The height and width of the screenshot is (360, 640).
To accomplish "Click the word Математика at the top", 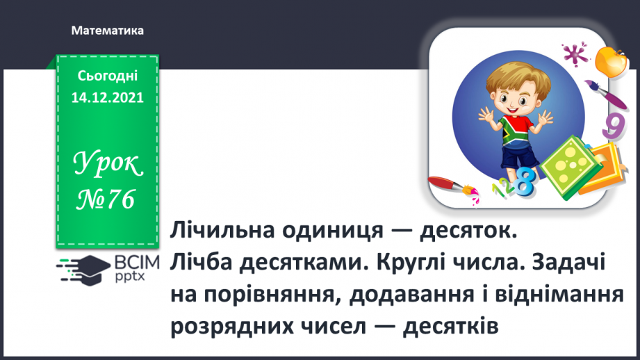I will pos(107,31).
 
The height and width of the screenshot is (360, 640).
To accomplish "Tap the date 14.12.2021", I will pos(107,98).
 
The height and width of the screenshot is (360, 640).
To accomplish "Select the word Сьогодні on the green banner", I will pos(107,76).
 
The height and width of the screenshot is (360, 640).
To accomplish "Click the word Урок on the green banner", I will pos(108,165).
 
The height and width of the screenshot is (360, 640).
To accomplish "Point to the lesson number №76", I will pos(107,199).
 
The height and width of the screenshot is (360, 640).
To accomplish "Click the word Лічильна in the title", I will pos(215,230).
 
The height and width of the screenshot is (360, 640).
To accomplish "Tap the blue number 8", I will pos(526,184).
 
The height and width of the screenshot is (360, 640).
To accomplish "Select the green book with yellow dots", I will pos(567,165).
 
